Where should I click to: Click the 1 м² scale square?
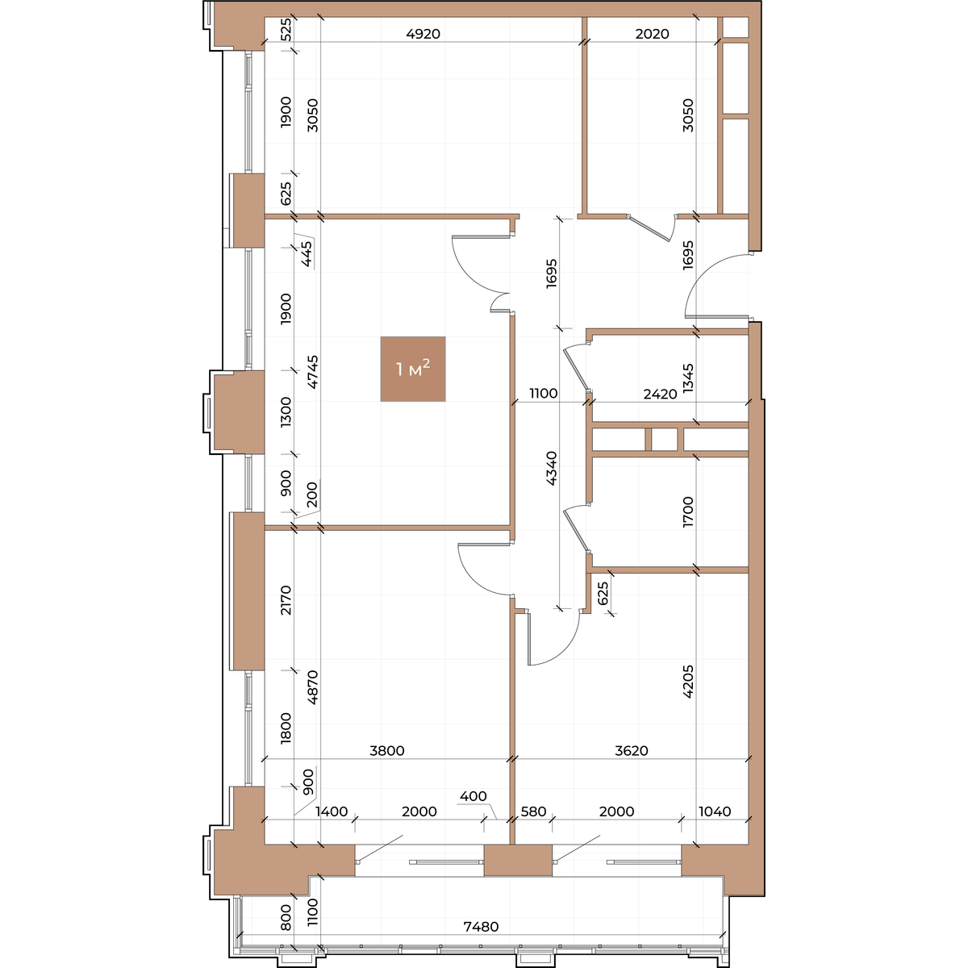413,369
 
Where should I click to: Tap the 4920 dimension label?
423,34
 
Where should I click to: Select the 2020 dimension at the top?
652,34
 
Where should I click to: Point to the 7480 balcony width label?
481,927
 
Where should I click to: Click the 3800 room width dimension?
387,750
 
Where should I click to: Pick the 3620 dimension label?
632,750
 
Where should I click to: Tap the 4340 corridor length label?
552,468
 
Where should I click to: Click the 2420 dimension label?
660,394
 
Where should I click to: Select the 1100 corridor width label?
544,394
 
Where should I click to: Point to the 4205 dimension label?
688,682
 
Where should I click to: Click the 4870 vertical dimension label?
312,687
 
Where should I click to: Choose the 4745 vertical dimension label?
312,372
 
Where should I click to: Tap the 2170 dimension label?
286,600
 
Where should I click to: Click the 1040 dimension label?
715,812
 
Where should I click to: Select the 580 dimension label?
533,812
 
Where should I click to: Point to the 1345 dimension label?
688,378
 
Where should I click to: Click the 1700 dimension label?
688,512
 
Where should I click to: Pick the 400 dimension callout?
474,796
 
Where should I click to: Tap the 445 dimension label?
307,254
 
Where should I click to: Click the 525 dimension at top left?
286,30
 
